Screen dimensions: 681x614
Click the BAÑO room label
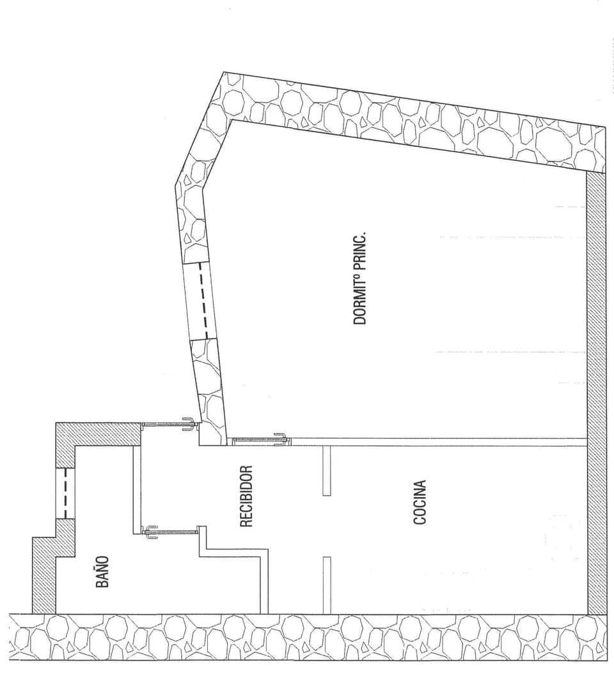tap(102, 572)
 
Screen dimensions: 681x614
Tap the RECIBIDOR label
tap(247, 496)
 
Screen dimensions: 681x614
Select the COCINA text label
tap(420, 502)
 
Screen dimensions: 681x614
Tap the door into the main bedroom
tap(259, 440)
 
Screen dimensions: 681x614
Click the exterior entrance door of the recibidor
tap(168, 424)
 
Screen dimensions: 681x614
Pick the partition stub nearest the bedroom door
tap(326, 471)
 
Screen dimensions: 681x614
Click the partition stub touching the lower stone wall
tap(326, 585)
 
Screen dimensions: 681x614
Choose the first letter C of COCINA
tap(420, 519)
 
